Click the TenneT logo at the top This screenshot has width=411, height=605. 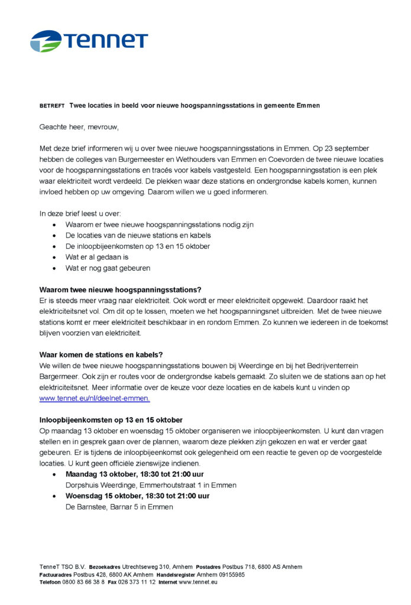89,41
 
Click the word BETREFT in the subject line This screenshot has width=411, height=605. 52,106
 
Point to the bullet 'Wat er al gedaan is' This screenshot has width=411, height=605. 97,257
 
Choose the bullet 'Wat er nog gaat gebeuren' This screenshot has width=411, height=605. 108,268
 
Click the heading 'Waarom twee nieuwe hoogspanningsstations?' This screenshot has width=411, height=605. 120,290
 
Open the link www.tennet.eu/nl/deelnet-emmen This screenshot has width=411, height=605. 95,398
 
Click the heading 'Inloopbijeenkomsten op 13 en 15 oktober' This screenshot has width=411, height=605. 111,420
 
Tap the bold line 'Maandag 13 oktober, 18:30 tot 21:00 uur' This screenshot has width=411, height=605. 135,474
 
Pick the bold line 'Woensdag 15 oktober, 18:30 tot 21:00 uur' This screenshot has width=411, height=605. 137,496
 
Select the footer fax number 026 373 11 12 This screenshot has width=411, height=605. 137,582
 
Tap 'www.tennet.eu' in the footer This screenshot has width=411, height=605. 198,582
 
